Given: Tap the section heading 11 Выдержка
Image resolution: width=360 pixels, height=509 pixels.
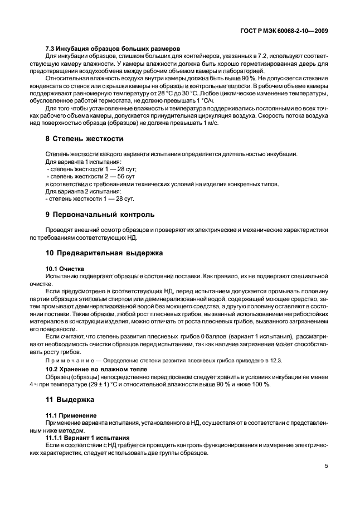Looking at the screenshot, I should pos(70,400).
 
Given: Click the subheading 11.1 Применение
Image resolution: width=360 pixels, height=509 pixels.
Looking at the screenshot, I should pos(71,415).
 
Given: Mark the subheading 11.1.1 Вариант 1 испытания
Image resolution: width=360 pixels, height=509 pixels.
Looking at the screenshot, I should pos(87,438).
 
